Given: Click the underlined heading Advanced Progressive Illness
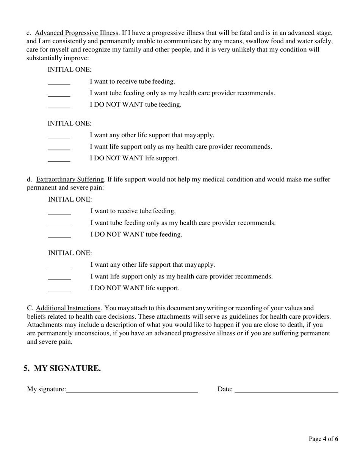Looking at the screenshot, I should pyautogui.click(x=77, y=33).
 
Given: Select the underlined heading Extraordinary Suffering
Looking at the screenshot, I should pyautogui.click(x=70, y=179).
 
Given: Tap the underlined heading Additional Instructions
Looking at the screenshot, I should pyautogui.click(x=68, y=308).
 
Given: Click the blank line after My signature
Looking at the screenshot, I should pyautogui.click(x=132, y=389).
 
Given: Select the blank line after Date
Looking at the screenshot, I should pyautogui.click(x=286, y=389).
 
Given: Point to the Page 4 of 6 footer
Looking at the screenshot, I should pyautogui.click(x=323, y=439).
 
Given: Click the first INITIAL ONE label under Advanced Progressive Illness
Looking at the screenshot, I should pyautogui.click(x=69, y=70).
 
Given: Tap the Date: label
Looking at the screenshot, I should pyautogui.click(x=225, y=389).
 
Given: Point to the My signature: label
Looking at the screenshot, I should pyautogui.click(x=46, y=389).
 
